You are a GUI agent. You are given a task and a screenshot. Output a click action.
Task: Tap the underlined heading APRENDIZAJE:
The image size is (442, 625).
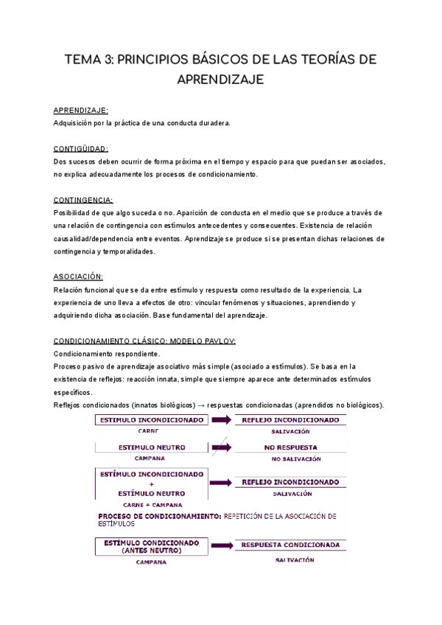tap(81, 110)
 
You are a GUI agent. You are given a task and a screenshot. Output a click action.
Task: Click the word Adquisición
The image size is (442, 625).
tap(75, 122)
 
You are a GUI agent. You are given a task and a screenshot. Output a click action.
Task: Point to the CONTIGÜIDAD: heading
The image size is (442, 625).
tap(81, 149)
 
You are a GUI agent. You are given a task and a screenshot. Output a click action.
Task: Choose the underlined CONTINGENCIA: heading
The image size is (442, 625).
tap(83, 200)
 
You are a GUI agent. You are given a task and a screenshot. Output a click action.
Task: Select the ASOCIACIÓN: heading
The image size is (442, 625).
tap(79, 277)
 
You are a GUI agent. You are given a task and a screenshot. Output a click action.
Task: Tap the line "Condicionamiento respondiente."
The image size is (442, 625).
tap(102, 354)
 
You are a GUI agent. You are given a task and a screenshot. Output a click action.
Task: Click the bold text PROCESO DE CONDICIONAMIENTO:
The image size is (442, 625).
tap(158, 516)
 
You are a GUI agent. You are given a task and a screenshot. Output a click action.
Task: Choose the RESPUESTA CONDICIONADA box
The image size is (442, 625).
tap(290, 545)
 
